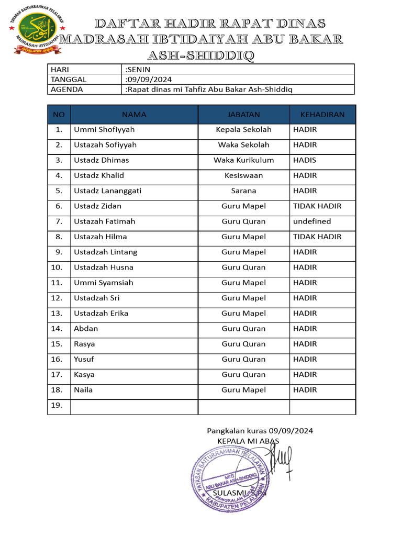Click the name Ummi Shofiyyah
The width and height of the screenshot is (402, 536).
point(104,129)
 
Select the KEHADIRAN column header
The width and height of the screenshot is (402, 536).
point(322,114)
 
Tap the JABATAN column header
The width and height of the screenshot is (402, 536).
point(243,114)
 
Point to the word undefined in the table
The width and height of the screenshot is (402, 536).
point(312,221)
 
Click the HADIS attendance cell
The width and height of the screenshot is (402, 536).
point(305,160)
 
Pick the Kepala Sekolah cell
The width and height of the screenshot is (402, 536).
point(243,129)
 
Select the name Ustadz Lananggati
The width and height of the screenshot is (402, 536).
point(107,191)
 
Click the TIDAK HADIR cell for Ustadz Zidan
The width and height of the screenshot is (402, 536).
point(317,206)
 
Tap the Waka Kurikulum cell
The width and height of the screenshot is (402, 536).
point(243,160)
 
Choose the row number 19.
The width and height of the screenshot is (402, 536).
point(59,405)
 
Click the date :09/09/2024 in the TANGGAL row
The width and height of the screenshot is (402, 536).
point(148,79)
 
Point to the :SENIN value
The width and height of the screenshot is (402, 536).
point(138,69)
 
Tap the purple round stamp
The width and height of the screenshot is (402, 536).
point(229,479)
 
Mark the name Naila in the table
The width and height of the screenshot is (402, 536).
point(83,390)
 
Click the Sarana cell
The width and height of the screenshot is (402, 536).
point(243,191)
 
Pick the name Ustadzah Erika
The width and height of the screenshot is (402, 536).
point(101,314)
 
